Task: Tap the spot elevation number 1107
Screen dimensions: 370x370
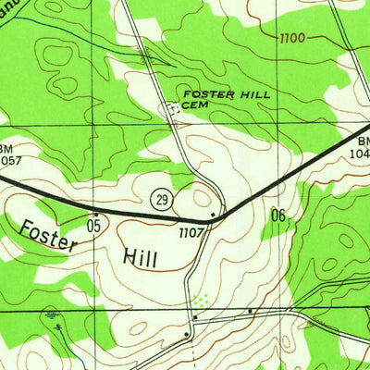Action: [191, 232]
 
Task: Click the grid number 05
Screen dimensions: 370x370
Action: [93, 225]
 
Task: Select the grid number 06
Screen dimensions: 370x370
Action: [278, 216]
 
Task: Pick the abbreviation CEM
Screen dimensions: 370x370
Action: [193, 105]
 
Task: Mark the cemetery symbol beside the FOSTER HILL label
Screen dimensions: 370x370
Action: [171, 108]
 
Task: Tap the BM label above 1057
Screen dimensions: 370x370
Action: [6, 148]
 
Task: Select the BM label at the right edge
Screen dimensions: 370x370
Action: [363, 142]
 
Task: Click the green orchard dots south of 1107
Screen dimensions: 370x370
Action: [201, 300]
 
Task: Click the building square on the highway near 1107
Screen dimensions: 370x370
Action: [215, 216]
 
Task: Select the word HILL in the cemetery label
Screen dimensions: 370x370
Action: [239, 94]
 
